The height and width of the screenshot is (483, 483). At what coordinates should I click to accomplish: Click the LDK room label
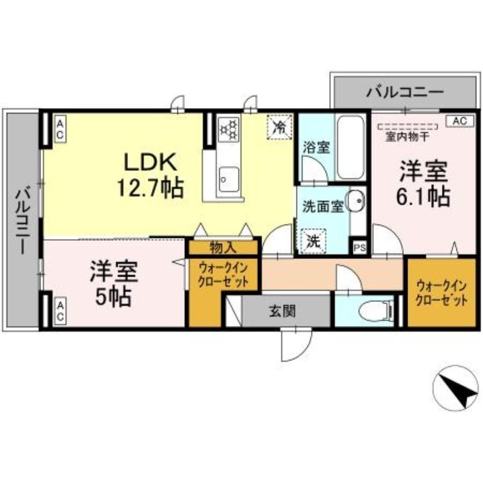point(150,162)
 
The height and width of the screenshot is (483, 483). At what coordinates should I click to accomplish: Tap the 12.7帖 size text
point(150,187)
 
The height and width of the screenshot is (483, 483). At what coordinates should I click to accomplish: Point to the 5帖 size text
point(114,297)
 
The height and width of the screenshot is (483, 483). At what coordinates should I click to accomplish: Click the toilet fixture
point(376,309)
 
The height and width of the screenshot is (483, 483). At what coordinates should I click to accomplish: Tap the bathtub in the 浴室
point(350,147)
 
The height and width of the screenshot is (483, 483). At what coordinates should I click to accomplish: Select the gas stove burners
point(229,129)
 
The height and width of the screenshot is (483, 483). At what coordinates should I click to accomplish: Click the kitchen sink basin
point(228,179)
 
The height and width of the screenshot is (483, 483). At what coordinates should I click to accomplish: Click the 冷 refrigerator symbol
point(280,127)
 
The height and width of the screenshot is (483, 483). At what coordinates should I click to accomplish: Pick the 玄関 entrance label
point(282,312)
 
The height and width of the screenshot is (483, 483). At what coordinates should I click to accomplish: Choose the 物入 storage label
point(223,248)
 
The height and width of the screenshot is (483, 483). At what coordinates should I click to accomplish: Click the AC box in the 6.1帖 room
point(460,121)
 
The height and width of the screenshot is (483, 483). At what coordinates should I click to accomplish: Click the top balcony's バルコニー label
point(405,92)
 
